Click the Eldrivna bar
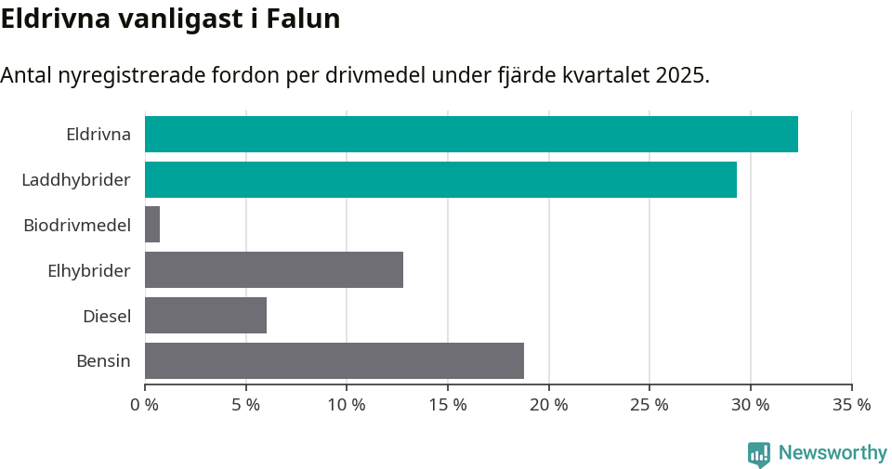click(471, 134)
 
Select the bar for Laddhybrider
click(440, 179)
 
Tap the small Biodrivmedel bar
click(152, 225)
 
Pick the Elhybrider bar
click(274, 270)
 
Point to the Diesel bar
click(205, 316)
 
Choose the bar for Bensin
click(334, 360)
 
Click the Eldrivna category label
click(98, 134)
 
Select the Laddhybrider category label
click(76, 179)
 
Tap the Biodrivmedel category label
click(77, 225)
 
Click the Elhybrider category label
click(89, 270)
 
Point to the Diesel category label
click(107, 316)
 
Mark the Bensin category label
click(103, 360)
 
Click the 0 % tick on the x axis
click(144, 405)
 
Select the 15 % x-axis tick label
click(448, 405)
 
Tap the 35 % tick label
click(851, 405)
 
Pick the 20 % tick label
click(548, 405)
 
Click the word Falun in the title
click(303, 19)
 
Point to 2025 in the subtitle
click(681, 75)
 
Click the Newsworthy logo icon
click(759, 453)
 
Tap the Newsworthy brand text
click(833, 453)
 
